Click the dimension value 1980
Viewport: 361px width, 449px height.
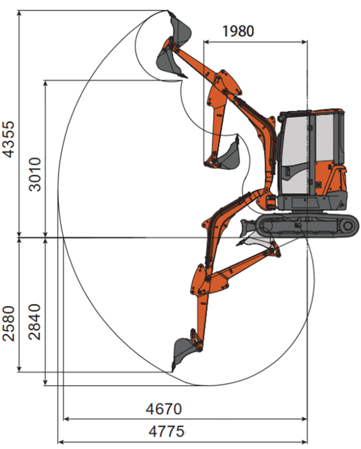pyautogui.click(x=238, y=31)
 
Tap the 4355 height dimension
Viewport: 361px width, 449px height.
pyautogui.click(x=8, y=139)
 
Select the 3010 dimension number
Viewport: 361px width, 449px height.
pyautogui.click(x=35, y=174)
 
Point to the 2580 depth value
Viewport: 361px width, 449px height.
pyautogui.click(x=8, y=324)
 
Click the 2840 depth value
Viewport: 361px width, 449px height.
pyautogui.click(x=35, y=322)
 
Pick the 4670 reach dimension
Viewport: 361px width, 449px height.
pyautogui.click(x=164, y=409)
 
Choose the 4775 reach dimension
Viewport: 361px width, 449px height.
pyautogui.click(x=166, y=431)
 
